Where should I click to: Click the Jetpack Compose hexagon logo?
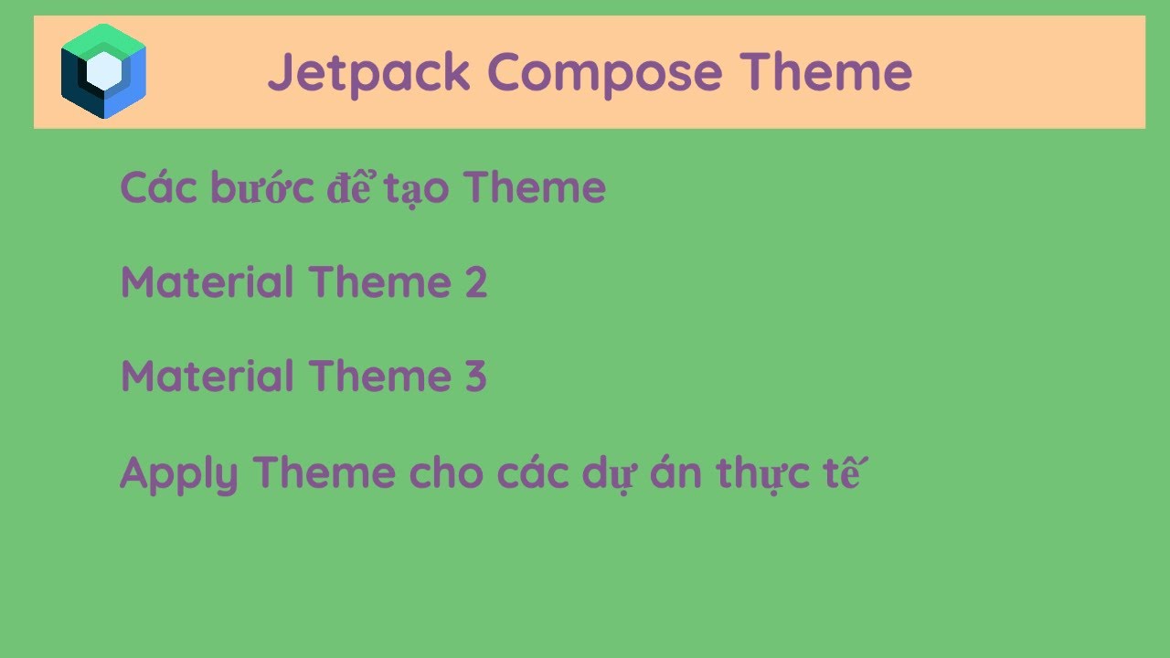point(103,71)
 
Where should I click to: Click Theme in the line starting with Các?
point(535,188)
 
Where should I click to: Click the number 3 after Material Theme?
point(474,377)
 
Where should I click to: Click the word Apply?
point(179,474)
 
